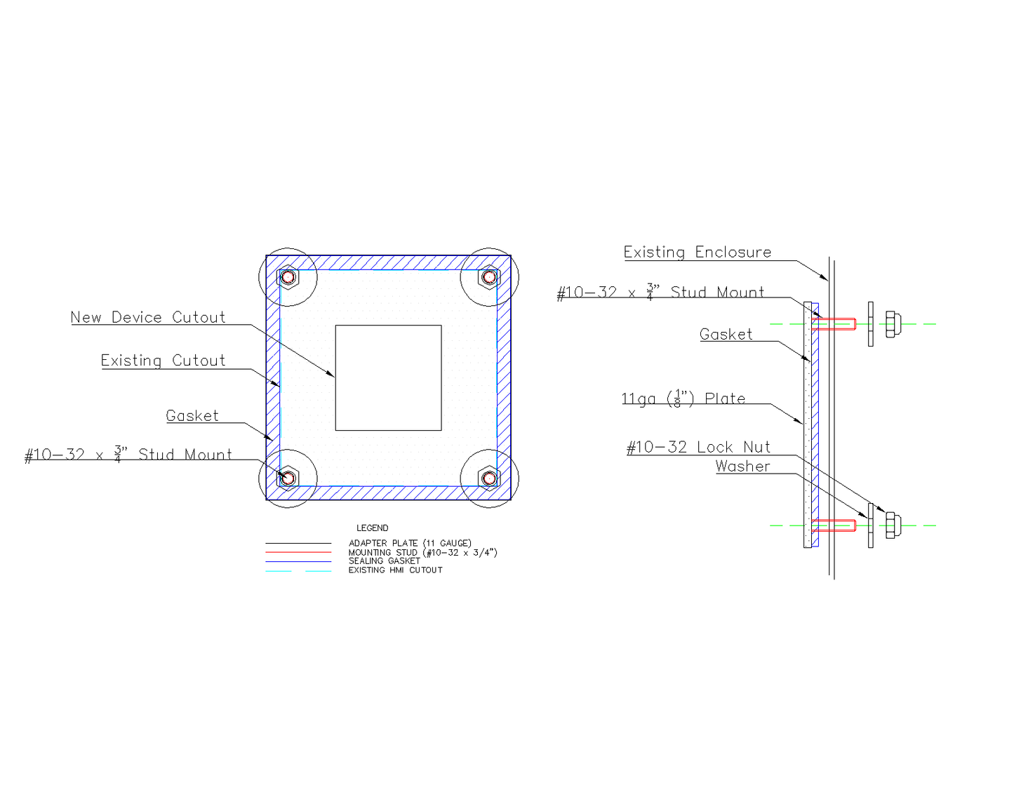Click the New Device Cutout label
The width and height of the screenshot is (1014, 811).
coord(148,317)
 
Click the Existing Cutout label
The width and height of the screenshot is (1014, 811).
coord(163,361)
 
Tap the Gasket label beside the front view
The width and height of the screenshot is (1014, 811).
coord(192,416)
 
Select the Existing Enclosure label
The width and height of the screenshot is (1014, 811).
coord(698,252)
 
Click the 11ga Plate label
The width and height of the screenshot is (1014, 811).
coord(683,398)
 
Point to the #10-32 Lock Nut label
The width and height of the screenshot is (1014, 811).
coord(698,447)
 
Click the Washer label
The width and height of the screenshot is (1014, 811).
coord(742,467)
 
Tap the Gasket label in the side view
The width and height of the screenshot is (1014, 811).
coord(726,335)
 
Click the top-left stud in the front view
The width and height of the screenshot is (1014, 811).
coord(288,277)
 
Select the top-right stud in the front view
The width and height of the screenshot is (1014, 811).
coord(489,277)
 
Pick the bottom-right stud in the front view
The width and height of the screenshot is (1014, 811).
coord(489,478)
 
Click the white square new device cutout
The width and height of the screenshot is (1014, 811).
coord(388,377)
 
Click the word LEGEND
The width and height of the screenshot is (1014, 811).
coord(372,528)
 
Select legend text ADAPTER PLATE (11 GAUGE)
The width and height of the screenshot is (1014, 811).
coord(410,543)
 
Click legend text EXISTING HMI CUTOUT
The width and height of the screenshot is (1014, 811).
coord(395,570)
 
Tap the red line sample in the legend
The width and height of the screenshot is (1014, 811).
coord(298,553)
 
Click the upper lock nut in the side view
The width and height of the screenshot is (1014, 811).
coord(893,324)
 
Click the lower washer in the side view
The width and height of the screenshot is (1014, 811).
coord(871,525)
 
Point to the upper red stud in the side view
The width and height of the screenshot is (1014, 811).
coord(834,324)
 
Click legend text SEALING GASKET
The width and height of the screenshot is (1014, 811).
coord(384,561)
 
